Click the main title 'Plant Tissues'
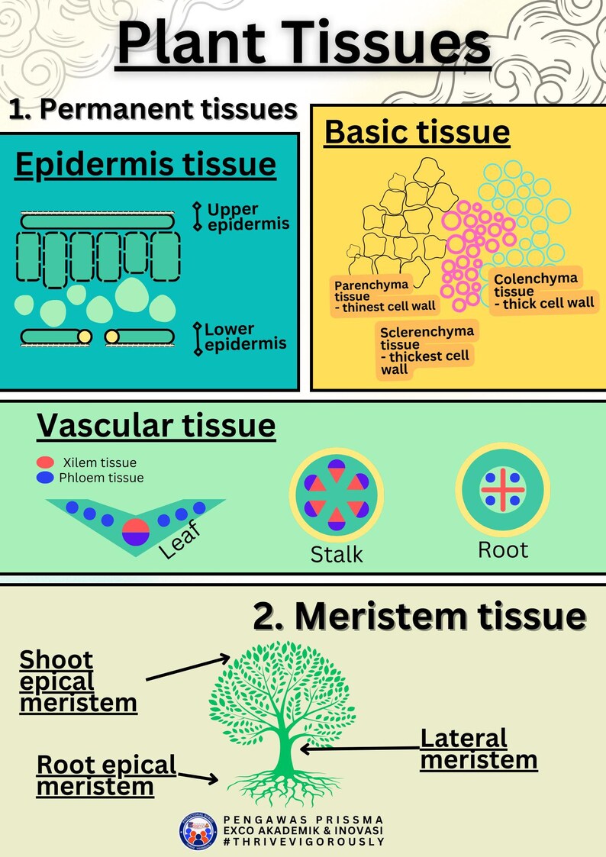pos(304,44)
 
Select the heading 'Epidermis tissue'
pos(145,165)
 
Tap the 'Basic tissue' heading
pos(417,132)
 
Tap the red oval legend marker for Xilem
pos(45,462)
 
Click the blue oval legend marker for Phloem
pos(45,478)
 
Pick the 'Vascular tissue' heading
pos(156,426)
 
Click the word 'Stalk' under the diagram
pos(337,554)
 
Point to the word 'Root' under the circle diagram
pos(502,549)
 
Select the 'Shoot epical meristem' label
pos(77,681)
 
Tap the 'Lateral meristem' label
pos(479,749)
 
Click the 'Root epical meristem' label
pos(106,775)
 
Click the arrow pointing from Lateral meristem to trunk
pos(359,749)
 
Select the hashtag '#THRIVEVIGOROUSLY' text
pos(303,842)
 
